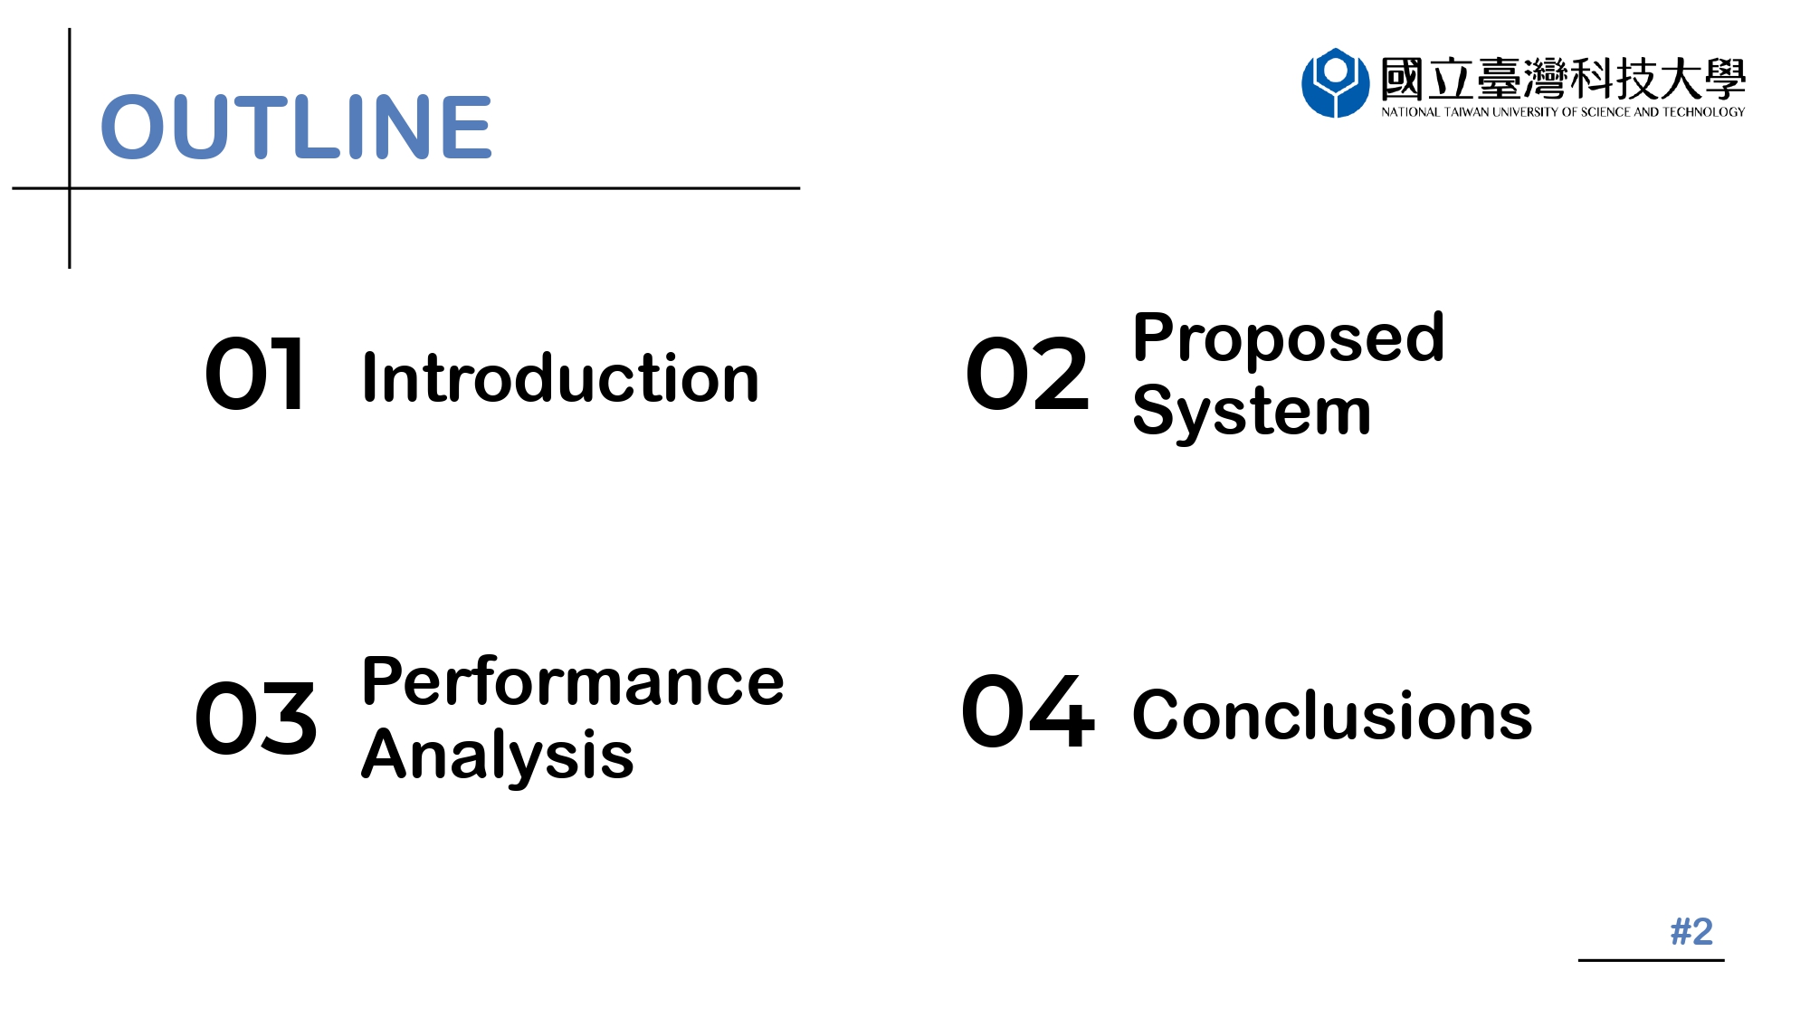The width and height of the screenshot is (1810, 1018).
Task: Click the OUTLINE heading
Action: tap(296, 127)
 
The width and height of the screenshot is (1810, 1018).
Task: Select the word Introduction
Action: tap(560, 377)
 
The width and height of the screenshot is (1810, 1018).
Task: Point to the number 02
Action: tap(1027, 374)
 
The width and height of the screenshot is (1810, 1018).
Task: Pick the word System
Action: tap(1252, 413)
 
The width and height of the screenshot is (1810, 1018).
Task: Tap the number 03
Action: tap(256, 718)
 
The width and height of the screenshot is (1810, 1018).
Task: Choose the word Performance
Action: tap(573, 682)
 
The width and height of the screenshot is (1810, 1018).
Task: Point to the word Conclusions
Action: tap(1332, 716)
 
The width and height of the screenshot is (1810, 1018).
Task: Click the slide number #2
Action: tap(1691, 931)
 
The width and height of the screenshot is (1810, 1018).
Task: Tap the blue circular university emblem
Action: tap(1335, 83)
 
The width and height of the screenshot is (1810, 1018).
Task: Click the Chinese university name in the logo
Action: tap(1563, 79)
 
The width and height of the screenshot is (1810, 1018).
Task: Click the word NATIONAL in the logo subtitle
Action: tap(1410, 112)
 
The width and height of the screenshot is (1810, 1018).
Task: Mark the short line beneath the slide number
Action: tap(1652, 960)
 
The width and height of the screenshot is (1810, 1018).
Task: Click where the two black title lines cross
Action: tap(70, 188)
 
